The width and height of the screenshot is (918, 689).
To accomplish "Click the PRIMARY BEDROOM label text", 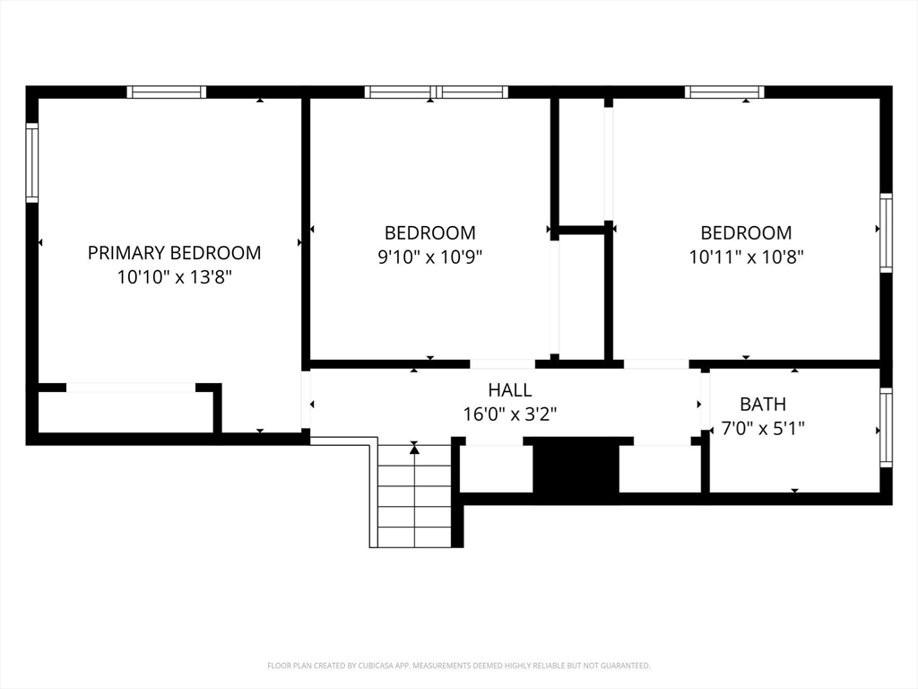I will point(174,253).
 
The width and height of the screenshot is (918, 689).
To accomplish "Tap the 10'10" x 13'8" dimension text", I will point(174,277).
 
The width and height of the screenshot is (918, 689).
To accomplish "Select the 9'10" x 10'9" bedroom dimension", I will point(429,257).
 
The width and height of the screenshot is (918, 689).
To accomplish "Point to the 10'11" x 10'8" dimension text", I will point(746,257).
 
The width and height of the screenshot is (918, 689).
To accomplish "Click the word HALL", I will point(509,390).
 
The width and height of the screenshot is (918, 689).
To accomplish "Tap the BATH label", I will point(762,405).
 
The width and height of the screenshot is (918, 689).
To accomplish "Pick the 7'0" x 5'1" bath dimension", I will point(762,429).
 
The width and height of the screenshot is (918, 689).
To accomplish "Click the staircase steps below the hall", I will point(413,498).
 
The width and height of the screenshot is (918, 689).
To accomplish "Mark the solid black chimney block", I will point(576,467).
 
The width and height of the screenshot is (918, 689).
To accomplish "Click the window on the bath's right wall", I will point(886,427).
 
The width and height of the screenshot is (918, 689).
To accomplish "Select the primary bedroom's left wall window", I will point(32,162).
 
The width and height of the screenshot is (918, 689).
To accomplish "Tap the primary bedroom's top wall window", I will point(167,92).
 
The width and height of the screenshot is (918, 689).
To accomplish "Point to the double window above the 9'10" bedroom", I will point(437,92).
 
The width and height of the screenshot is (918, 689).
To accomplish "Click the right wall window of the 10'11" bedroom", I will point(886,232).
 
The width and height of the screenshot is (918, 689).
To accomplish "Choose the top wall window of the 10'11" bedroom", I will point(724,92).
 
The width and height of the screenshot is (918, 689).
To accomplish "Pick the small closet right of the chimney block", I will point(660,468).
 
